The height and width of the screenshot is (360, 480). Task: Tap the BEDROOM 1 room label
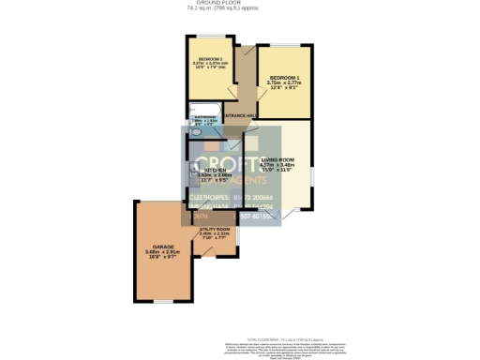(x=284, y=77)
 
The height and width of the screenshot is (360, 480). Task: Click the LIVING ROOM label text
(x=279, y=159)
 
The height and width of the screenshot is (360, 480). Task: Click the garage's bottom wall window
(x=163, y=303)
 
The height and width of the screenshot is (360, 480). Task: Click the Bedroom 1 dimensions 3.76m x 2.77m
(x=284, y=84)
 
